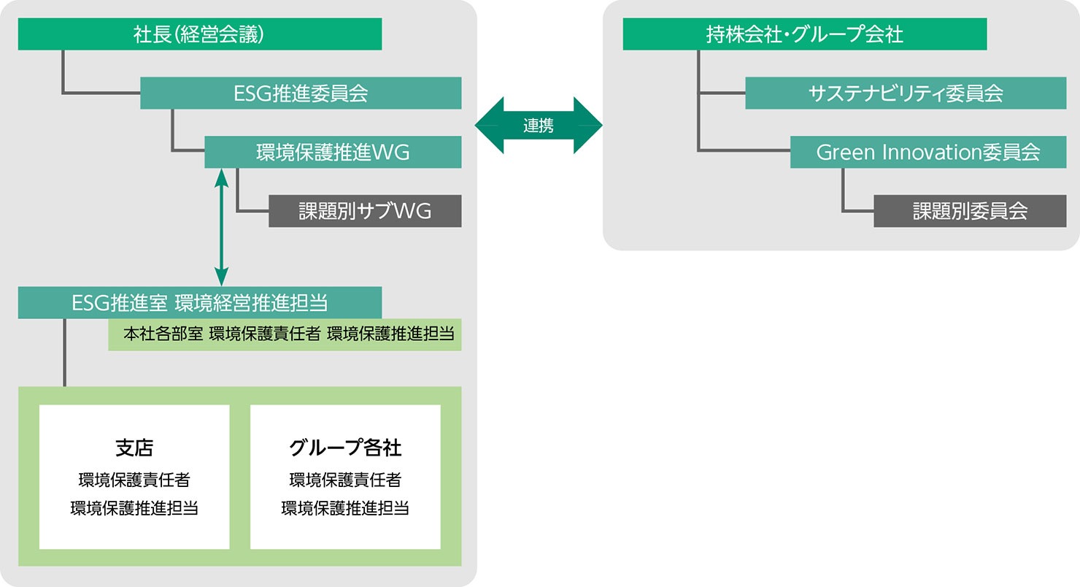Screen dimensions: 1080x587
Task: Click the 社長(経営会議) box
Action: pos(200,34)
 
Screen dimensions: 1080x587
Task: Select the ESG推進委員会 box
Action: pos(301,93)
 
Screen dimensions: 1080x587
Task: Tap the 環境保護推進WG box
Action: pos(333,152)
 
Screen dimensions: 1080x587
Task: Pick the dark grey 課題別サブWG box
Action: pos(365,211)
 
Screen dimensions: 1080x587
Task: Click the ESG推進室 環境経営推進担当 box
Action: pos(200,303)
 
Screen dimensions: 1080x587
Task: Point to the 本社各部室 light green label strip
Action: pos(285,334)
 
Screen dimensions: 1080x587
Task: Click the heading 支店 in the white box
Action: pos(134,448)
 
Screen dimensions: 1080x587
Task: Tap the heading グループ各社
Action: pos(345,448)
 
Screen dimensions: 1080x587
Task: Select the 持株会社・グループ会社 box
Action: pos(805,34)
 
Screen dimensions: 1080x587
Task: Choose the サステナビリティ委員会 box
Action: pos(906,93)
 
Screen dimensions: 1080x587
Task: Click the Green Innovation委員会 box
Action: pos(928,152)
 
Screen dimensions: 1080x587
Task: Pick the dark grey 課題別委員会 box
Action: pos(970,211)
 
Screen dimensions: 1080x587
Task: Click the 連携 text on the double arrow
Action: pos(539,126)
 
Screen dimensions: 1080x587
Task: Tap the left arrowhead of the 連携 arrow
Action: pos(488,126)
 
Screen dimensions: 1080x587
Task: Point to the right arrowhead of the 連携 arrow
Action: pos(588,126)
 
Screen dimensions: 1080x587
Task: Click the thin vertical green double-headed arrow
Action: pos(221,227)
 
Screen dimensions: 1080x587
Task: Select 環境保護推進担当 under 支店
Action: pos(134,508)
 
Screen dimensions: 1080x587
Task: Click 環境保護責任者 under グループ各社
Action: pos(345,480)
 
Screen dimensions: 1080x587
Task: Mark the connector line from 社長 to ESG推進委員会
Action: pos(63,93)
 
